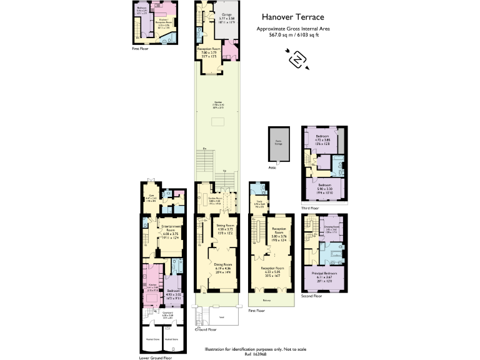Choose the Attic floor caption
[x=273, y=167]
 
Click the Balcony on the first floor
[x=266, y=299]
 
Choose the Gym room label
[x=151, y=198]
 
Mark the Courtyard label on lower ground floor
[x=167, y=314]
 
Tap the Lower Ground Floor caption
[x=155, y=358]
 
